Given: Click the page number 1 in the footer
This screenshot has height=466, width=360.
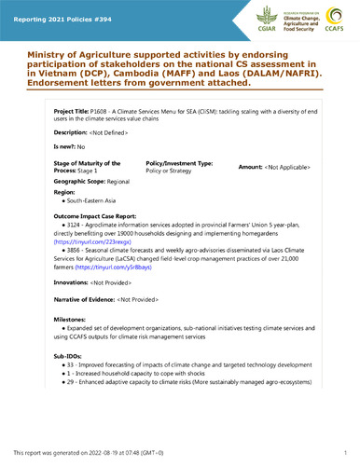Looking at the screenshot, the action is (344, 453).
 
